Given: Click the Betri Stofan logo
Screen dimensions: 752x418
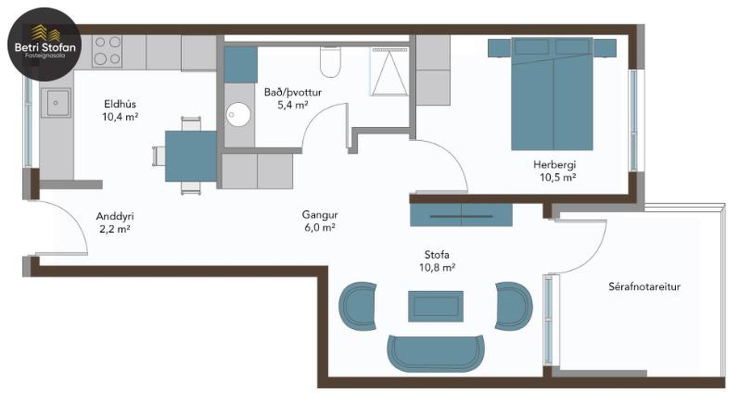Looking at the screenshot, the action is pos(44,44).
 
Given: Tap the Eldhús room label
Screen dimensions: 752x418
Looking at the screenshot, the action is pos(120,104).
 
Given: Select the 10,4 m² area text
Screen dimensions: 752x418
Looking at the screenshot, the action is pos(120,117).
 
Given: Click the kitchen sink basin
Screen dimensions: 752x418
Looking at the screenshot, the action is pos(56,103).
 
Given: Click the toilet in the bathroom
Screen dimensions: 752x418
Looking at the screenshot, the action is pos(330,62).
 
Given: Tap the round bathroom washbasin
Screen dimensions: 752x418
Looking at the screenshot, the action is pos(238,114).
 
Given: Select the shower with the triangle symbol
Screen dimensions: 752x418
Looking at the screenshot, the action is pos(389,71).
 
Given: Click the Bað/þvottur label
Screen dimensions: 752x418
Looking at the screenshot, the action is pos(293,92).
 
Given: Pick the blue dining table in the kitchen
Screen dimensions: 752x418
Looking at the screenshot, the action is pos(191,156).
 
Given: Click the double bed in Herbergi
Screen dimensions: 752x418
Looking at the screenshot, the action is pos(552,94).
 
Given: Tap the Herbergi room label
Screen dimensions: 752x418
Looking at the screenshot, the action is pos(555,165).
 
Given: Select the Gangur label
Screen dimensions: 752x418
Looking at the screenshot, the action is pos(320,215).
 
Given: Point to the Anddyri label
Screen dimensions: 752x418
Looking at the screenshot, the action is pos(115,216).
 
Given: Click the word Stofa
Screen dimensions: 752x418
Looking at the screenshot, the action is pos(437,255).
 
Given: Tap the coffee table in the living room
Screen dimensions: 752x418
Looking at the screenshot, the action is pos(436,306).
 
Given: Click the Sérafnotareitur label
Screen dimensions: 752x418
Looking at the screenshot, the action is pos(644,287).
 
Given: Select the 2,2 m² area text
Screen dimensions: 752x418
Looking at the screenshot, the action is pos(115,229).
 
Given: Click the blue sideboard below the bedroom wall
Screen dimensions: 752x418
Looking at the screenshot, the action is pos(461,215).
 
